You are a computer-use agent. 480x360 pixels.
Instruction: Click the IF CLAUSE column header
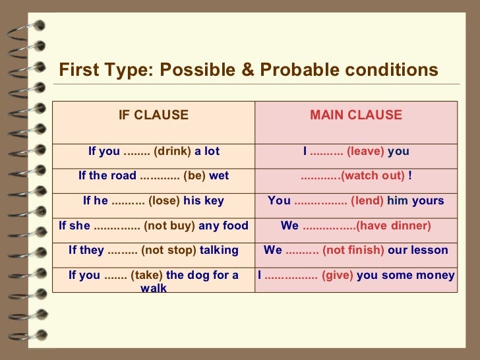[x=153, y=115]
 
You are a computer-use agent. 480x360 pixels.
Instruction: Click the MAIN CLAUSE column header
[x=355, y=115]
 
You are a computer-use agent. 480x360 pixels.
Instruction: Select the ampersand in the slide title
[x=247, y=70]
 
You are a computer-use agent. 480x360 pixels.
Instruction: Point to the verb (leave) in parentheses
[x=365, y=152]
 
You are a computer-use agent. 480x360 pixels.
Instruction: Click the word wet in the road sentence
[x=219, y=176]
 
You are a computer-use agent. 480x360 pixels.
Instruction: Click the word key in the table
[x=214, y=200]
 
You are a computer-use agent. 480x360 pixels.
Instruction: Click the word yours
[x=428, y=200]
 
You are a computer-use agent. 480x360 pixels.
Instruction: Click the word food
[x=235, y=225]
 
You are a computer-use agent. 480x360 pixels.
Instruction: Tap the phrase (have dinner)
[x=393, y=225]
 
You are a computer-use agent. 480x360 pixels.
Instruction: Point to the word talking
[x=219, y=250]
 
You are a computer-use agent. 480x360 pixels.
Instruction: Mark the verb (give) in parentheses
[x=338, y=275]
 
